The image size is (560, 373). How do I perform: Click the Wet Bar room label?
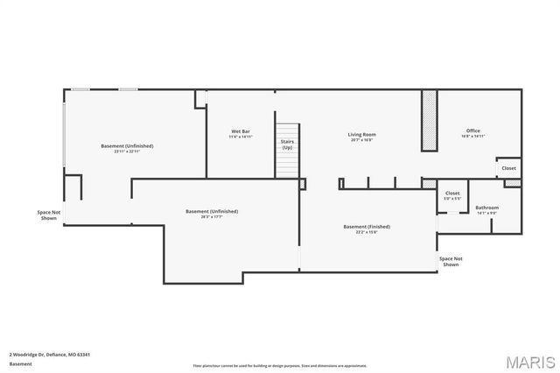(241, 131)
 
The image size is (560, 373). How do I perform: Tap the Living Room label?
(361, 134)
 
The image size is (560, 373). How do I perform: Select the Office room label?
(473, 131)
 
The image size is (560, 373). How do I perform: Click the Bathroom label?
(486, 208)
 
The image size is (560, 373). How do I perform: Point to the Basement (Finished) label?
(366, 226)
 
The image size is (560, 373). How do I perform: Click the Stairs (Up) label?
(287, 144)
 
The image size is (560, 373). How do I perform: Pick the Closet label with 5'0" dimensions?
(452, 193)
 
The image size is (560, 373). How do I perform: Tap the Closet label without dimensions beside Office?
(508, 168)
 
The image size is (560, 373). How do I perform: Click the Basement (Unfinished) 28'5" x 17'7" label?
(212, 213)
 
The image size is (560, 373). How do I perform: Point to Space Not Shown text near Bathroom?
(451, 261)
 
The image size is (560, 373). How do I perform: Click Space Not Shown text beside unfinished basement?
(49, 215)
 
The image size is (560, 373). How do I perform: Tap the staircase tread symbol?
(287, 162)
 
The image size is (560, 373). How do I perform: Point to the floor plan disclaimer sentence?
(280, 366)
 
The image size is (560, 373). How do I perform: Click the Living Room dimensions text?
(361, 140)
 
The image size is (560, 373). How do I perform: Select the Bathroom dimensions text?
(486, 213)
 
